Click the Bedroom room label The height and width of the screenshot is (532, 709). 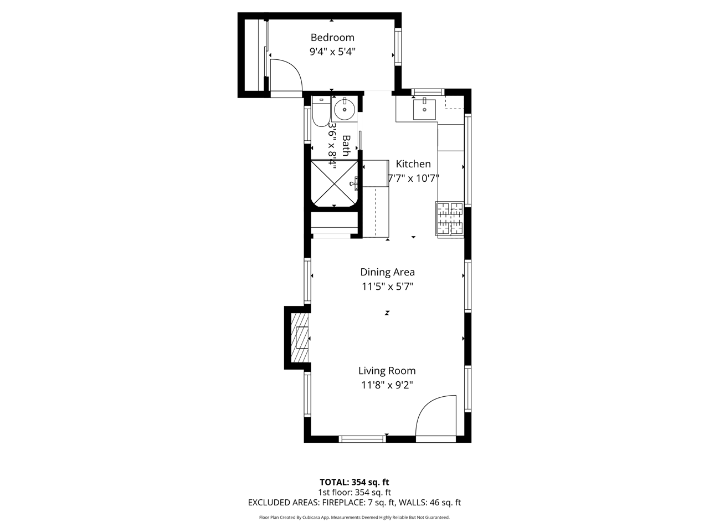(x=332, y=38)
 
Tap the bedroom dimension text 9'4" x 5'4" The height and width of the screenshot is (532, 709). (x=332, y=52)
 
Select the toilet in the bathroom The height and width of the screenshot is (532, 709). (x=321, y=111)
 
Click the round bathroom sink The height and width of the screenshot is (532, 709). (x=345, y=110)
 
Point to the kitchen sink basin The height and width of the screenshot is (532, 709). (x=424, y=110)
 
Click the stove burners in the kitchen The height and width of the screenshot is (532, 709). (x=450, y=219)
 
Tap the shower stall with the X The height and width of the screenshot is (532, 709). (x=335, y=183)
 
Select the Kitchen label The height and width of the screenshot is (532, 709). (x=413, y=164)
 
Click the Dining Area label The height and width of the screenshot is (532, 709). (x=387, y=272)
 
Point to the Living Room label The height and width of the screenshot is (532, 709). (x=387, y=371)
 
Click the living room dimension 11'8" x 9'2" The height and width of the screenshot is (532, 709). (x=387, y=385)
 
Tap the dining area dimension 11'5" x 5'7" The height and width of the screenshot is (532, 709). (x=387, y=287)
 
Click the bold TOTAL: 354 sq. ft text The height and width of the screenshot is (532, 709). (x=354, y=482)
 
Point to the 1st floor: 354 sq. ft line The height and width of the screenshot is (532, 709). (x=354, y=492)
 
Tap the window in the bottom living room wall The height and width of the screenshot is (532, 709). (x=362, y=439)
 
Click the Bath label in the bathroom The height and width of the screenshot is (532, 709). (x=346, y=146)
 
